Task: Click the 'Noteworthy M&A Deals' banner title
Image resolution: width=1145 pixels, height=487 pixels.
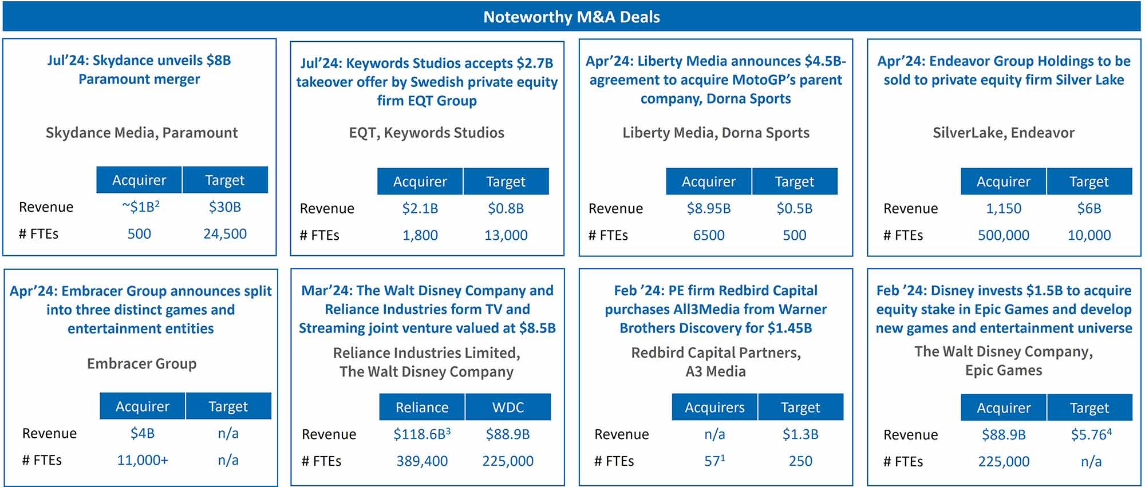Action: pyautogui.click(x=571, y=17)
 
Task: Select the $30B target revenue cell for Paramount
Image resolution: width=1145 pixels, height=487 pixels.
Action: pyautogui.click(x=224, y=207)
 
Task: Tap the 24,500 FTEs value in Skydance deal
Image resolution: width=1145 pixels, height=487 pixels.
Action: pyautogui.click(x=224, y=234)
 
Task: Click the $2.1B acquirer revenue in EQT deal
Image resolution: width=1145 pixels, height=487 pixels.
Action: pyautogui.click(x=420, y=209)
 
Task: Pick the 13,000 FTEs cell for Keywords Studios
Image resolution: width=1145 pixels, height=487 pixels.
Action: pyautogui.click(x=506, y=235)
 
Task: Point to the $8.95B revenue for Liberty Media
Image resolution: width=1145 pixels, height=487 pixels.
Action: pyautogui.click(x=708, y=209)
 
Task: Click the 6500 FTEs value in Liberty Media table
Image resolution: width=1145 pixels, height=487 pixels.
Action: pyautogui.click(x=708, y=235)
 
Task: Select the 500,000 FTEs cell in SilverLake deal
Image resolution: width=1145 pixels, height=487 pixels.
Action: pyautogui.click(x=1003, y=235)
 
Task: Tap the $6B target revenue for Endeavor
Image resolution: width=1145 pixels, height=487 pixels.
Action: pyautogui.click(x=1088, y=209)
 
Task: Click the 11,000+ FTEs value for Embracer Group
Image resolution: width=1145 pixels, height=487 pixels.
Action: pyautogui.click(x=143, y=460)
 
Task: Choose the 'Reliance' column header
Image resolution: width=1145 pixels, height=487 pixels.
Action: pyautogui.click(x=422, y=407)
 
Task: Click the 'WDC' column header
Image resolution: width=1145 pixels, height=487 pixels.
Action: pyautogui.click(x=508, y=407)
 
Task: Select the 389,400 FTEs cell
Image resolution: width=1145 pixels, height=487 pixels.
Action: pyautogui.click(x=422, y=461)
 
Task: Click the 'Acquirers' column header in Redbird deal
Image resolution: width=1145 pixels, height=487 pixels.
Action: pyautogui.click(x=714, y=407)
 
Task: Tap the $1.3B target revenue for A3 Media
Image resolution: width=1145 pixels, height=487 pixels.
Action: pyautogui.click(x=800, y=434)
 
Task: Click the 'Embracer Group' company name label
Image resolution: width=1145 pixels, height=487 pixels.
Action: pyautogui.click(x=141, y=363)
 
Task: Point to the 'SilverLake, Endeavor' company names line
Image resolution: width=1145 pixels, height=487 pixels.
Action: pyautogui.click(x=1003, y=133)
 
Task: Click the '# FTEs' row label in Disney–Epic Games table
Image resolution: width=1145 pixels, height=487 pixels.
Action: pyautogui.click(x=903, y=461)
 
